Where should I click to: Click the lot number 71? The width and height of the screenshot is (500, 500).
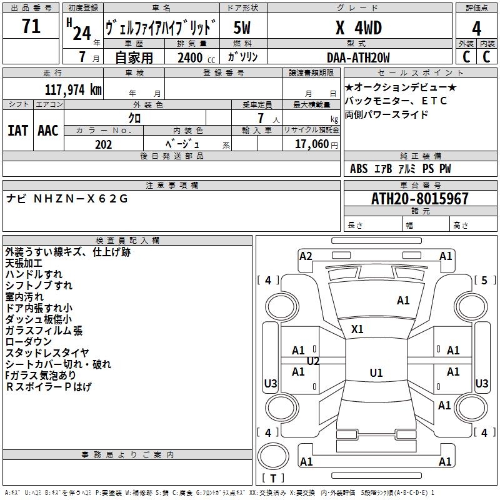pyautogui.click(x=31, y=27)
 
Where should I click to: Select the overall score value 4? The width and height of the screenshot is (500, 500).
pyautogui.click(x=477, y=28)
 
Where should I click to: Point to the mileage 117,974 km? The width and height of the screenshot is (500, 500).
pyautogui.click(x=73, y=90)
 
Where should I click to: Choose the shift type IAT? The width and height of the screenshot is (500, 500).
pyautogui.click(x=17, y=130)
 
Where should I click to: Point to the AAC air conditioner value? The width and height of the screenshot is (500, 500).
pyautogui.click(x=48, y=130)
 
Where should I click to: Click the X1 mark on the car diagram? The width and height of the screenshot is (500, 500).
pyautogui.click(x=357, y=329)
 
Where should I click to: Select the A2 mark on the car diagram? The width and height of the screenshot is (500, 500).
pyautogui.click(x=306, y=256)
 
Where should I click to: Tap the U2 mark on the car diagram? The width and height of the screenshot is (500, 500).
pyautogui.click(x=313, y=361)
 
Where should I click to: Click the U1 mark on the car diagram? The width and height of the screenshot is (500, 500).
pyautogui.click(x=376, y=373)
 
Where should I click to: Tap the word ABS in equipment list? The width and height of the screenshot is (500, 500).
pyautogui.click(x=359, y=169)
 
